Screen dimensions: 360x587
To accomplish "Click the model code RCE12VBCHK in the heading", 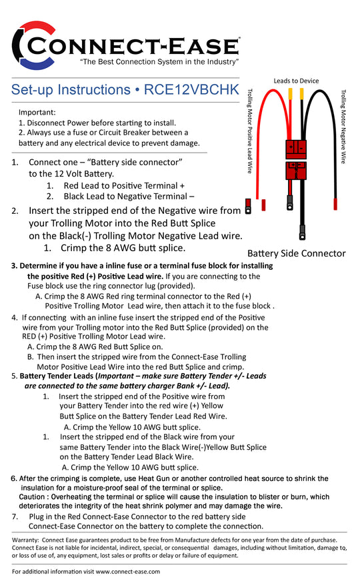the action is (191, 90).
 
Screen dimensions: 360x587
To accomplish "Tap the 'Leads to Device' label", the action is (296, 81).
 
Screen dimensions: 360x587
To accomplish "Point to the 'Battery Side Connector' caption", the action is (296, 253).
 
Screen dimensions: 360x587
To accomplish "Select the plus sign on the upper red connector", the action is (291, 148).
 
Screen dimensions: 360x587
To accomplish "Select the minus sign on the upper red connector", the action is (301, 148).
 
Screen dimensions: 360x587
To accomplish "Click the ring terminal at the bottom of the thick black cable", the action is (302, 232).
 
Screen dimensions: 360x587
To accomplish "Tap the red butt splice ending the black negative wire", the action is (335, 205).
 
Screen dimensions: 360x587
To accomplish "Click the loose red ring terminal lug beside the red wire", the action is (247, 207).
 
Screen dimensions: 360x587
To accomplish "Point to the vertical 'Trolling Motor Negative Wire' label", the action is (343, 127).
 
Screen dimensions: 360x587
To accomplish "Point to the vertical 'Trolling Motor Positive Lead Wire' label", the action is (250, 131).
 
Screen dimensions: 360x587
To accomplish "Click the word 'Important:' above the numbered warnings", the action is (37, 113).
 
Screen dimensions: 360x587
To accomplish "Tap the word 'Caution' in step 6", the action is (32, 497).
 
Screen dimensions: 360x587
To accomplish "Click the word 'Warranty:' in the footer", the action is (25, 540).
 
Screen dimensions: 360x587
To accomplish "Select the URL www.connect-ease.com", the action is (128, 572).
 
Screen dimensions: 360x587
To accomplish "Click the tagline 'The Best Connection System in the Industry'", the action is (159, 62).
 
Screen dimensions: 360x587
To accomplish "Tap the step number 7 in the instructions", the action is (15, 516).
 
